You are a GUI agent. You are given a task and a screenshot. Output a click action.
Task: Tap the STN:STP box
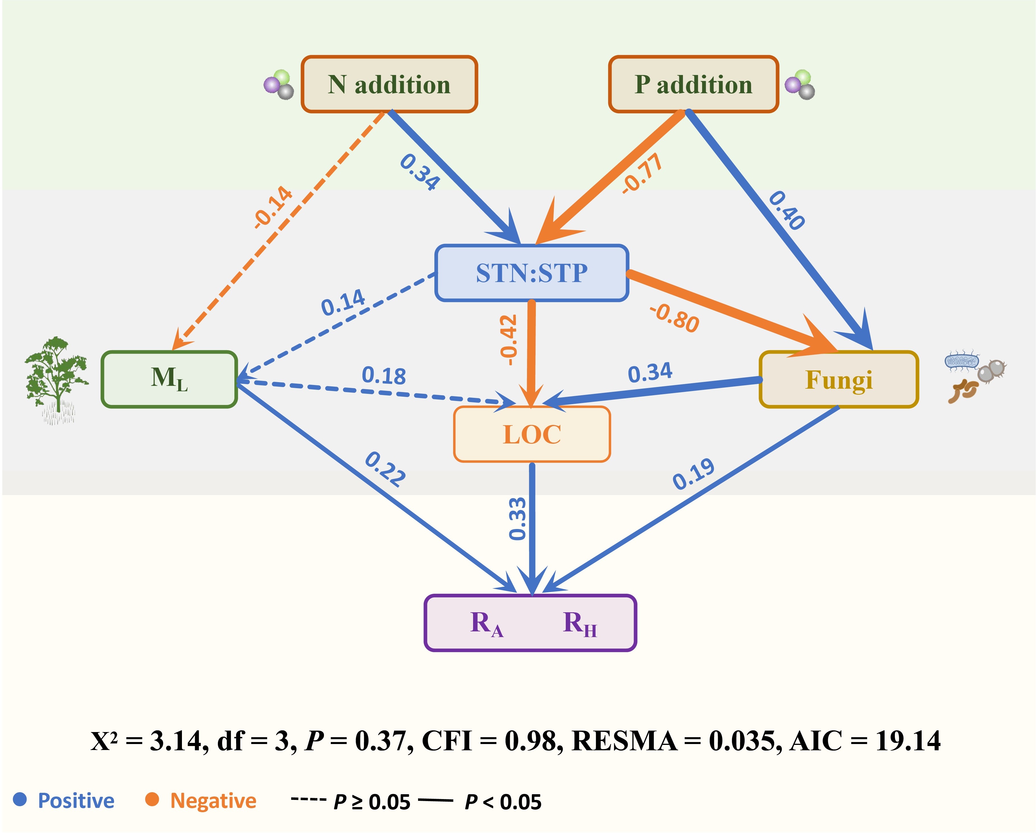532,273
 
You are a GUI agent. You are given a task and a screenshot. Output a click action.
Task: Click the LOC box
532,434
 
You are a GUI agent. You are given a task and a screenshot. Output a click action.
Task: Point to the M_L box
169,379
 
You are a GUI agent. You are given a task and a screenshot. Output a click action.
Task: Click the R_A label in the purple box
486,623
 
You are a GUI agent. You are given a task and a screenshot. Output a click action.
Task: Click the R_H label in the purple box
579,623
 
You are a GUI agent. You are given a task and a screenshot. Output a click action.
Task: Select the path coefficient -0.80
674,319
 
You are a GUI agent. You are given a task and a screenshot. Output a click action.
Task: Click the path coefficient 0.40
786,210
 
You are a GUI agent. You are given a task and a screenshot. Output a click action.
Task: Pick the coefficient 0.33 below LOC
517,519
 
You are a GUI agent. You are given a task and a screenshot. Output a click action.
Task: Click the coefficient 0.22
385,469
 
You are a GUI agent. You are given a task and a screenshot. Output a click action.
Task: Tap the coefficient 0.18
384,375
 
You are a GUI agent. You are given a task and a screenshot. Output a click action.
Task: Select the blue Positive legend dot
20,799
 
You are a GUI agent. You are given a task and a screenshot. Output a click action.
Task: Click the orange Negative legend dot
152,799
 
